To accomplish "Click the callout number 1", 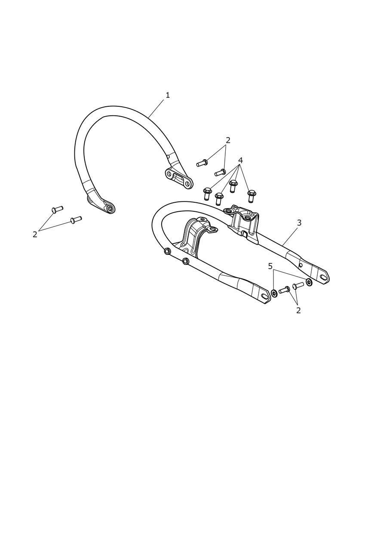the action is tap(168, 95).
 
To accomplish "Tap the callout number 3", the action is tap(299, 223).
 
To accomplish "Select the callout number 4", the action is tap(240, 160).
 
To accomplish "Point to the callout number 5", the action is tap(270, 266).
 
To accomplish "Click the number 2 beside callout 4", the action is tap(228, 140).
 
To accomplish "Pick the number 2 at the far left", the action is tap(35, 235).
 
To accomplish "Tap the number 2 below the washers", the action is tap(298, 310).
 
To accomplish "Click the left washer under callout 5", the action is tap(274, 293).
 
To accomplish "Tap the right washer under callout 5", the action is tap(309, 282).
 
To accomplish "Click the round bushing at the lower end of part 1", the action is tap(110, 208).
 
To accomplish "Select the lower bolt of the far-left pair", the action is tap(76, 219).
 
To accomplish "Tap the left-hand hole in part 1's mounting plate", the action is tap(169, 173).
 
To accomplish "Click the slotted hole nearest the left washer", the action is tap(265, 297).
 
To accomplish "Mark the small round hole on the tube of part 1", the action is tap(169, 157).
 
